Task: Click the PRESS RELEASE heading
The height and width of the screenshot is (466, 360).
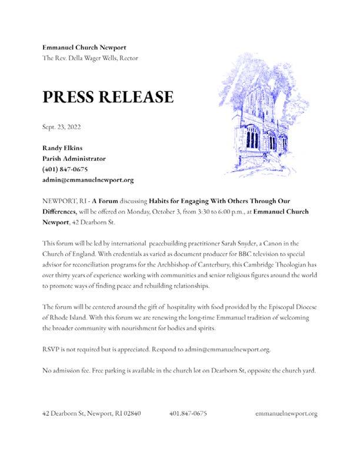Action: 108,97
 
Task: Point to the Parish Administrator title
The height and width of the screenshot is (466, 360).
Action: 74,159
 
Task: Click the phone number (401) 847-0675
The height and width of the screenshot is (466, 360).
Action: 65,169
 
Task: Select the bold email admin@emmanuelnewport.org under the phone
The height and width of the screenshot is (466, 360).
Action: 88,180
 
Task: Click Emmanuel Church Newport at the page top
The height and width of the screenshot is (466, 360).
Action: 84,47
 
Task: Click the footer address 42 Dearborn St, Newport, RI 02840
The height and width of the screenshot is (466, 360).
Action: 91,413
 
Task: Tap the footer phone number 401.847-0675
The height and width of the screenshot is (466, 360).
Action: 188,413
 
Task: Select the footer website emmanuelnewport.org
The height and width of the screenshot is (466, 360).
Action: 286,413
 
